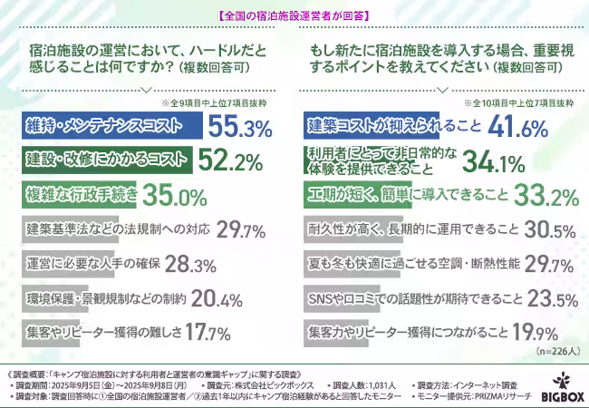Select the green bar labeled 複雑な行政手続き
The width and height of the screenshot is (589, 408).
point(82,195)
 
